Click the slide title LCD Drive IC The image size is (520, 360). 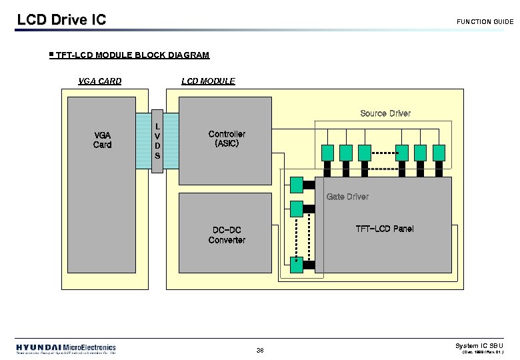tap(61, 19)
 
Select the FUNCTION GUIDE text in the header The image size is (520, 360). tap(485, 22)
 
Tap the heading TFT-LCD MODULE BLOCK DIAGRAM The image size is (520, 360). tap(133, 55)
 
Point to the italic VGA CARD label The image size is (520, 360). tap(100, 81)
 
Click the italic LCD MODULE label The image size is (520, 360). tap(208, 81)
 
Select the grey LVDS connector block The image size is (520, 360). tap(157, 141)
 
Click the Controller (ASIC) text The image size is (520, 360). tap(227, 139)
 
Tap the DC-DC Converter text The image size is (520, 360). tap(227, 235)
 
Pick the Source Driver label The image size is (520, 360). tap(385, 113)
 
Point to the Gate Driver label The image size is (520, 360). tap(347, 197)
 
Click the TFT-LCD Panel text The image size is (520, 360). tap(384, 229)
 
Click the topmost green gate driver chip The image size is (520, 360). tap(296, 183)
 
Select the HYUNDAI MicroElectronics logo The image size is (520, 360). tap(66, 349)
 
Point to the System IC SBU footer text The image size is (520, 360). tap(479, 345)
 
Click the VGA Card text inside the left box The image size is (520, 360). tap(103, 139)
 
